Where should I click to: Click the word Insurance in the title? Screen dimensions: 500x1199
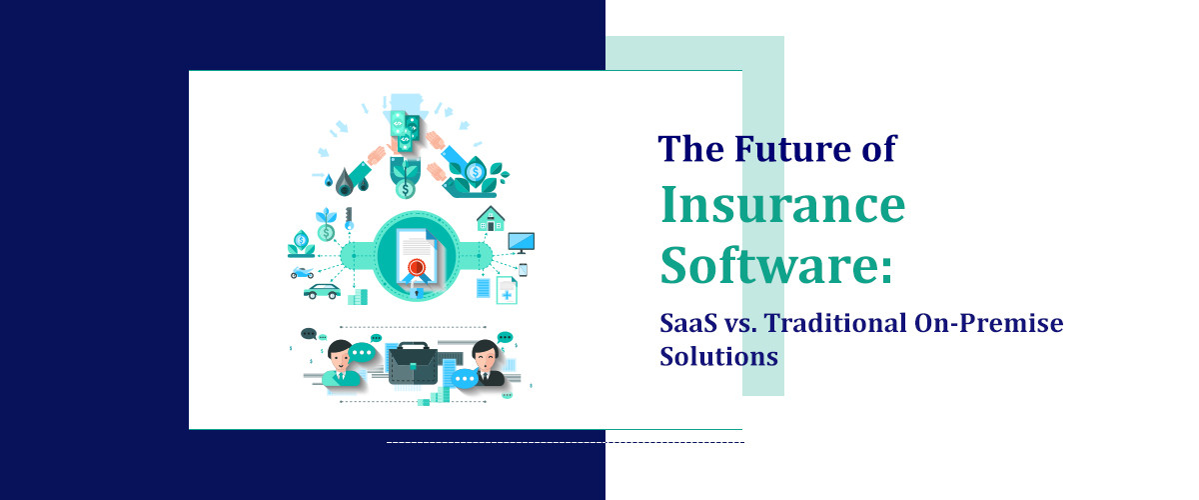tap(782, 207)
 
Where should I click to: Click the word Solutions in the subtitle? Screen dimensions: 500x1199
tap(718, 355)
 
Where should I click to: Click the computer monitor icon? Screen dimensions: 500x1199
tap(521, 242)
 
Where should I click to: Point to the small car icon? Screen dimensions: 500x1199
tap(322, 292)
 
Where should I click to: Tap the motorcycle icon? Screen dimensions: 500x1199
tap(301, 272)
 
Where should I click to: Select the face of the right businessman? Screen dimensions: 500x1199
tap(487, 354)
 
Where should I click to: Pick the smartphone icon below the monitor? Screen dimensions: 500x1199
tap(523, 269)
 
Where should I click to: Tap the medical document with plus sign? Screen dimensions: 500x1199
tap(507, 291)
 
